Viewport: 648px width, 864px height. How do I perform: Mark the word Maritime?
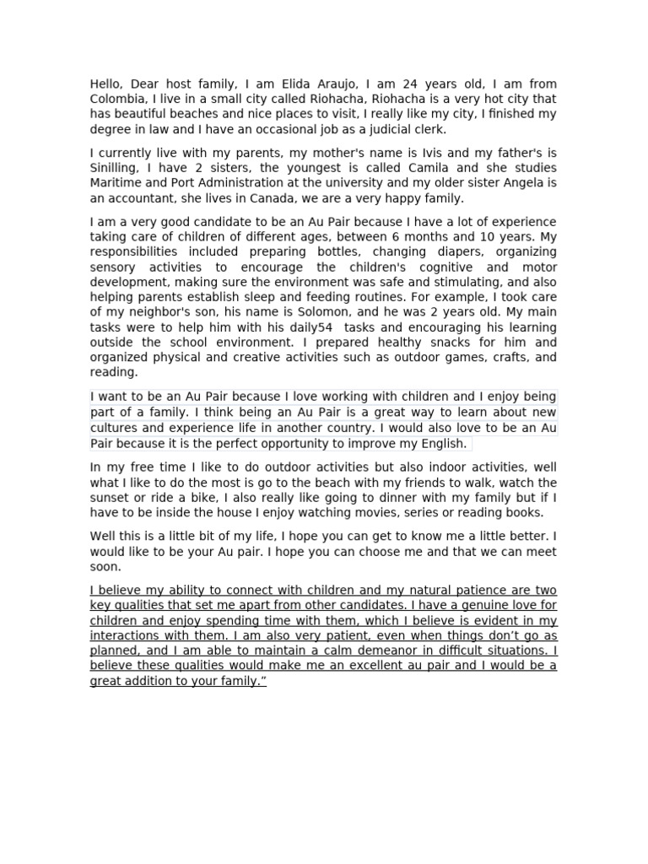116,183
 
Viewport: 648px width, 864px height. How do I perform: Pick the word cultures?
116,428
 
